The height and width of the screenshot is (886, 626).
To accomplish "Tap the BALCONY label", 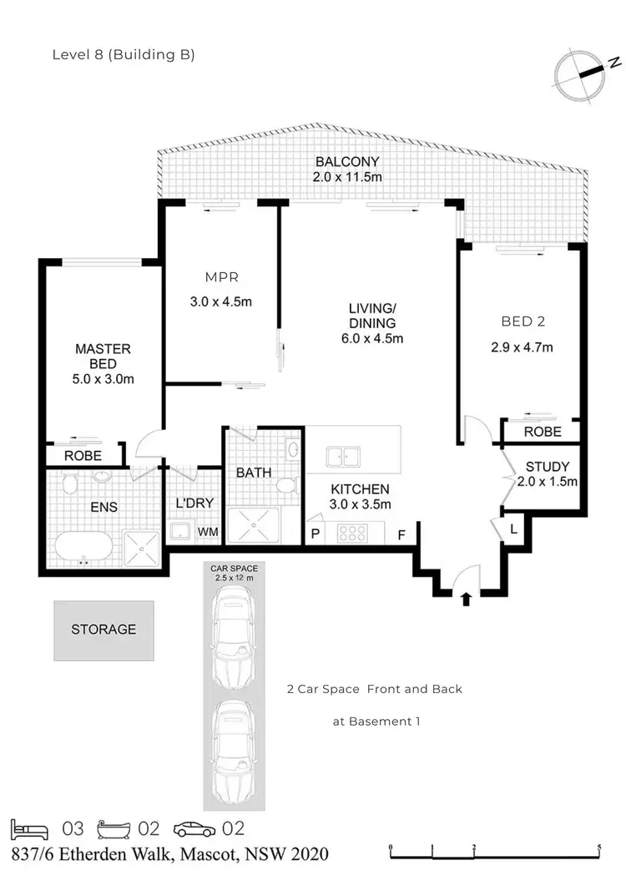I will pos(347,162).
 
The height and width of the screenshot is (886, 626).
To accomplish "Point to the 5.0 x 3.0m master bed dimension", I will pos(103,379).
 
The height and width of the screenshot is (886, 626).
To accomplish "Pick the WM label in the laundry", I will pos(208,532).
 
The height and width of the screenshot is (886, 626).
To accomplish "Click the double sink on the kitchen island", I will pos(343,457).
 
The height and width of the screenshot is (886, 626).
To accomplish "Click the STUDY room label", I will pos(547,467).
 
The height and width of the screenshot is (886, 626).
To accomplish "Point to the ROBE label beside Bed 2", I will pos(542,432).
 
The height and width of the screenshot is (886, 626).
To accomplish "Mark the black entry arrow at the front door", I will pos(466,598).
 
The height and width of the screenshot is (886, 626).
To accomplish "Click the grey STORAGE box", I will pos(103,630).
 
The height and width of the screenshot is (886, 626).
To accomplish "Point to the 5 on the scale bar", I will pos(599,847).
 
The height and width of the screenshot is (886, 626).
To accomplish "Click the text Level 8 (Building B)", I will pos(124,56).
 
